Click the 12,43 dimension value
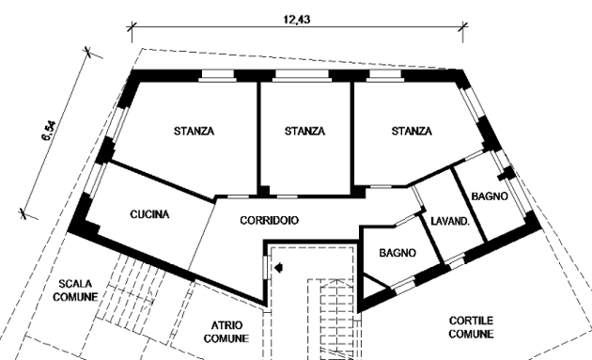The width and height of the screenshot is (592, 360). (x=297, y=19)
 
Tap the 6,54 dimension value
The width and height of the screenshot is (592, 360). (x=49, y=131)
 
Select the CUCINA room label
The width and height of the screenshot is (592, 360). (x=150, y=214)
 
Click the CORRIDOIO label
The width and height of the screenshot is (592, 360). (x=269, y=220)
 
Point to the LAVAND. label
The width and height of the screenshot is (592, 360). (x=450, y=222)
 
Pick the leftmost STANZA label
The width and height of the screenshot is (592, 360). (x=195, y=131)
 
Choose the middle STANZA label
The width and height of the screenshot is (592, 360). (x=304, y=131)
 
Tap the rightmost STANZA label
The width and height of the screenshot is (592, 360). (x=412, y=131)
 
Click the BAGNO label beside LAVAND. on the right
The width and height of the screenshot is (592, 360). (x=490, y=196)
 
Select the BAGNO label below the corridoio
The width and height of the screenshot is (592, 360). (x=397, y=253)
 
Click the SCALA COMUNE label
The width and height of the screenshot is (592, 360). (x=75, y=290)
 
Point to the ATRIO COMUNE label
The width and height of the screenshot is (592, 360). (x=226, y=332)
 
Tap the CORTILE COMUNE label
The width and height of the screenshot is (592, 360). (x=471, y=327)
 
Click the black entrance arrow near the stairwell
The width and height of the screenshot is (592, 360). (x=279, y=268)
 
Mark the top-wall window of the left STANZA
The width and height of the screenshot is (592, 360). (x=217, y=75)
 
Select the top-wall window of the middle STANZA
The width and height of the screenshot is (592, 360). (x=302, y=75)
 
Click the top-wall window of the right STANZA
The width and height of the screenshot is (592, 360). (x=384, y=75)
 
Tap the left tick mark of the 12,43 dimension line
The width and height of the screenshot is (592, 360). (x=132, y=27)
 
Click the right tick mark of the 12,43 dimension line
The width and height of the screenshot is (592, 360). (x=463, y=27)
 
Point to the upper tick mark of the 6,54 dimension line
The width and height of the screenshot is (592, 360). (x=88, y=52)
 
